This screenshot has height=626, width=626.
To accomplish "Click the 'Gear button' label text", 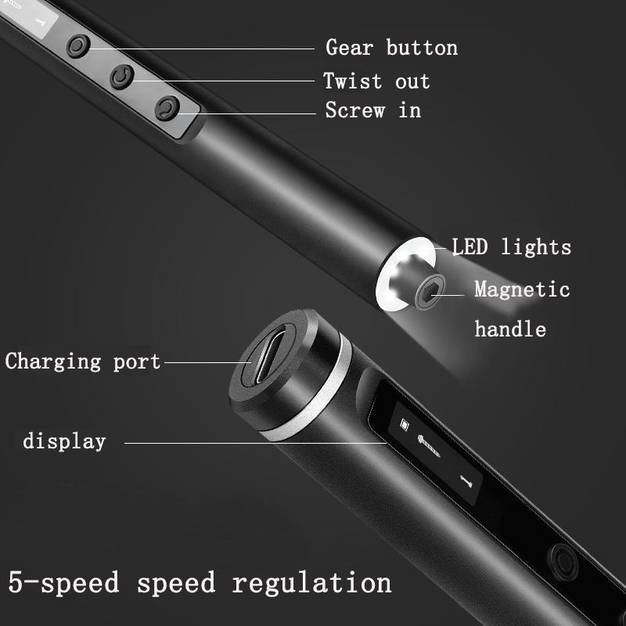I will coord(391,48).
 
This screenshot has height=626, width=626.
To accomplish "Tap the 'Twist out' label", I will coord(376,81).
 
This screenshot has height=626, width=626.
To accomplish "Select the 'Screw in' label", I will coord(373,110).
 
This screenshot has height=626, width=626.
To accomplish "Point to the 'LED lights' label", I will coord(512,248).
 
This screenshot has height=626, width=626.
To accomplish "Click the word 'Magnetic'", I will coord(522,290).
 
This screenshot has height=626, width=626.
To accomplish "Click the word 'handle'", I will coord(510,329).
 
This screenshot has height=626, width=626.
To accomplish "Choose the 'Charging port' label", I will coord(82,362).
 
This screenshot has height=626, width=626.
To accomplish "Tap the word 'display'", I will coord(64,441).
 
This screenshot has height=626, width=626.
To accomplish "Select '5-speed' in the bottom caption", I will coord(64,583).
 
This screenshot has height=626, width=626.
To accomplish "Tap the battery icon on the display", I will coord(405,425).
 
